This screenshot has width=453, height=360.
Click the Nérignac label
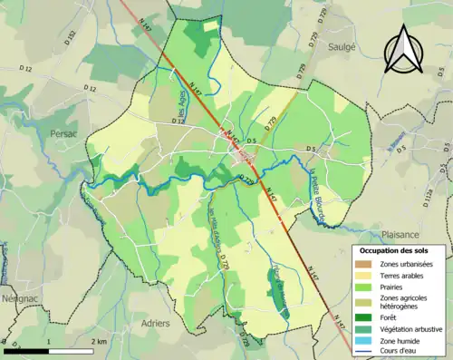(x=18, y=296)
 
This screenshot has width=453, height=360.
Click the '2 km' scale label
(x=98, y=341)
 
